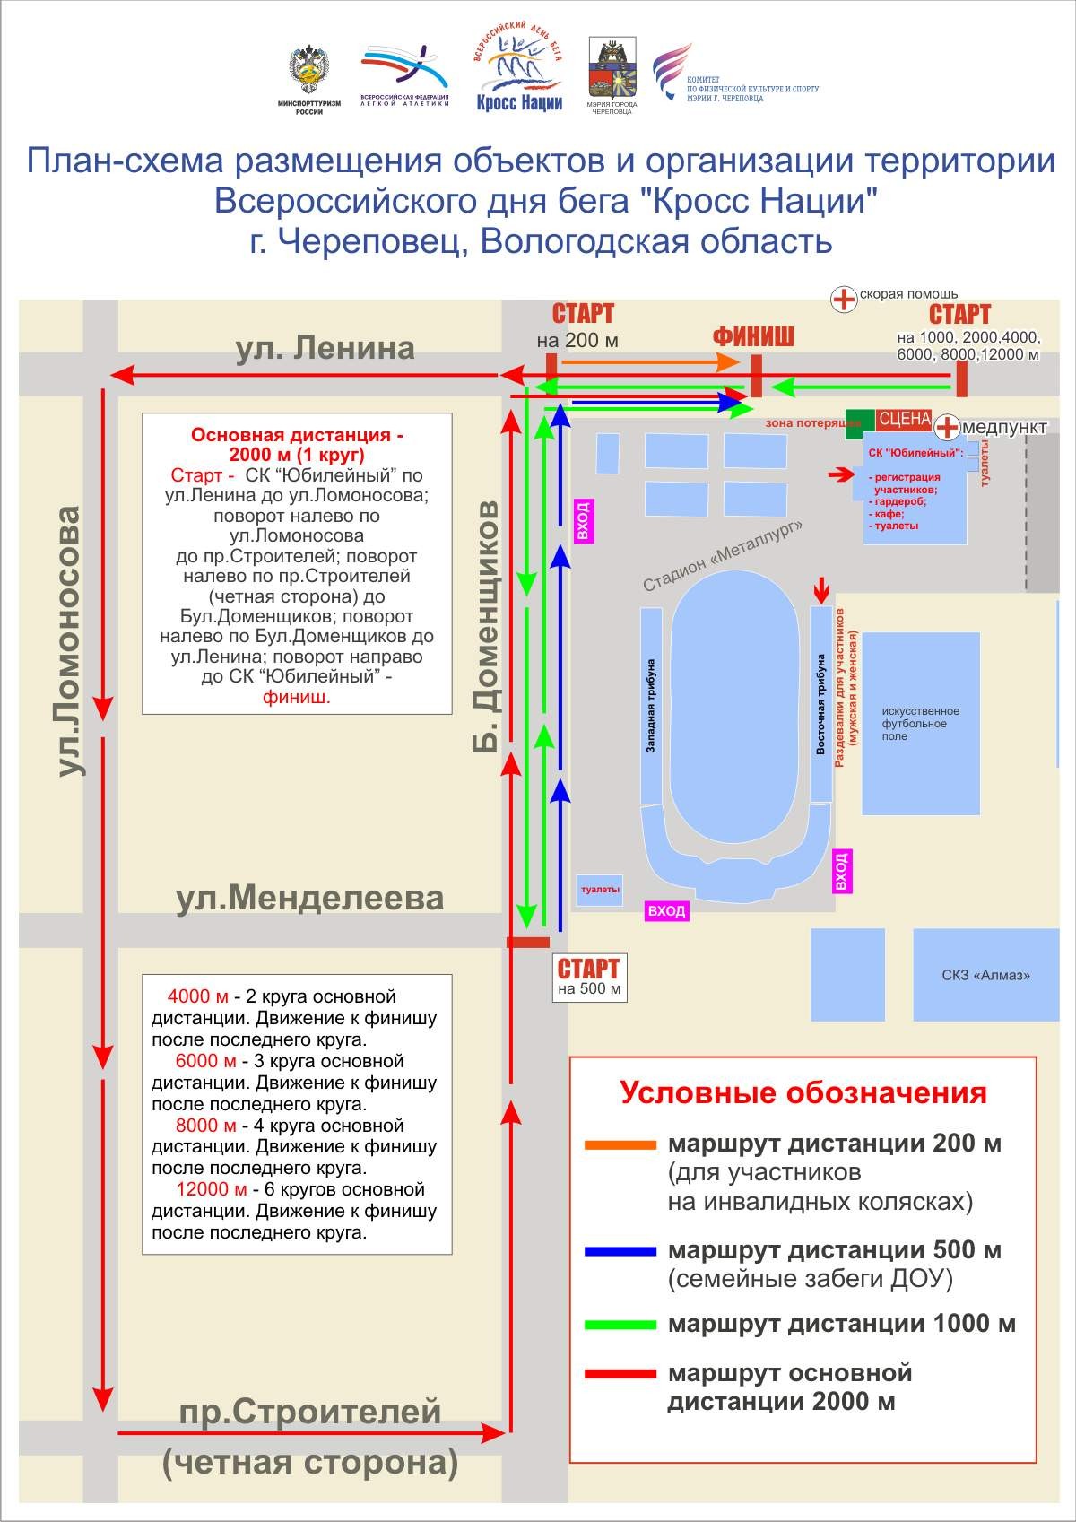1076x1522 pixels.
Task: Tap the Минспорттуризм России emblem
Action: pos(308,75)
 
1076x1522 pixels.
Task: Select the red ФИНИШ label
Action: pos(753,337)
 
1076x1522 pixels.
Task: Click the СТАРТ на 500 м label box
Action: pos(588,977)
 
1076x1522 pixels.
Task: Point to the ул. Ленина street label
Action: pos(325,348)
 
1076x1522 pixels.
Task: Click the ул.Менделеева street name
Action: pos(309,898)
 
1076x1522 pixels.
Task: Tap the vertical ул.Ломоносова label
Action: pos(68,640)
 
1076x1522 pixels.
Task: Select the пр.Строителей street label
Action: pos(309,1412)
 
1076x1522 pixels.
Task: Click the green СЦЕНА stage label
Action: pos(903,420)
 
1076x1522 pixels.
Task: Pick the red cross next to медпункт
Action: pos(947,427)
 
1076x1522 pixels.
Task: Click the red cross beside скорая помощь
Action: pos(844,299)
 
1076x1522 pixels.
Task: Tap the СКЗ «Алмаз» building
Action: pos(985,975)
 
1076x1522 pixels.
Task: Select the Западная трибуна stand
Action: pos(651,706)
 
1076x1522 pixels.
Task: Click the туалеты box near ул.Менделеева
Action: pos(600,890)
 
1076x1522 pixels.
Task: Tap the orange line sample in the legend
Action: pos(620,1145)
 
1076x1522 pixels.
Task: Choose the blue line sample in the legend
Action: pos(620,1251)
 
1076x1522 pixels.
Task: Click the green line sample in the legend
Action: pos(620,1325)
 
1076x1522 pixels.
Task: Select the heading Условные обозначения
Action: pos(803,1093)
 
